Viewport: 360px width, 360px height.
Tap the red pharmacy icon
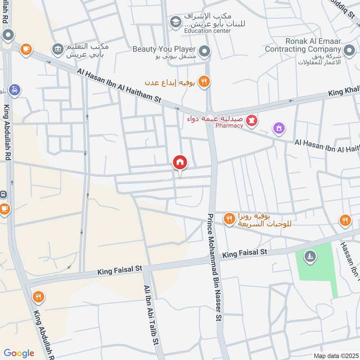point(252,120)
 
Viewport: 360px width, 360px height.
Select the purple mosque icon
point(279,129)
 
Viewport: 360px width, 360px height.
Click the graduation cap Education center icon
point(175,21)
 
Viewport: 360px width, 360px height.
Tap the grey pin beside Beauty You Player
point(205,52)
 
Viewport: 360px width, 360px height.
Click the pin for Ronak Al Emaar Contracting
point(349,50)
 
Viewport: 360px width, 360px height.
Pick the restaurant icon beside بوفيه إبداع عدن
point(204,81)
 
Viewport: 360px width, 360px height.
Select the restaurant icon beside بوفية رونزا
point(229,219)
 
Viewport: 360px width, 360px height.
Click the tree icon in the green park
point(310,256)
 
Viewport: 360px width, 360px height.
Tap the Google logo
point(19,353)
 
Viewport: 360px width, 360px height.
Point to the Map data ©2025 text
point(336,355)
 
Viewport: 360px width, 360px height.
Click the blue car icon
point(15,90)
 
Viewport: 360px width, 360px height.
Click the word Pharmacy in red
point(229,126)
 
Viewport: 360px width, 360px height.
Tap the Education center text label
point(207,31)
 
